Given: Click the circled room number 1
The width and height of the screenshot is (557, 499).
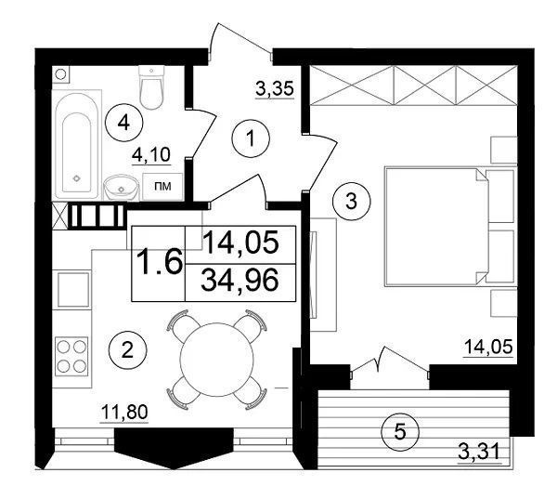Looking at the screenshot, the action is click(x=251, y=138).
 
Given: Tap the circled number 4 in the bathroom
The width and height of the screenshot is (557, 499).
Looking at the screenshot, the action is click(x=123, y=123).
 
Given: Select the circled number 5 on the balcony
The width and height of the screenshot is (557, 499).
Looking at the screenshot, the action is click(x=400, y=432).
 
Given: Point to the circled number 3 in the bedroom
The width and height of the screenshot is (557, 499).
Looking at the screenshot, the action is click(x=351, y=202).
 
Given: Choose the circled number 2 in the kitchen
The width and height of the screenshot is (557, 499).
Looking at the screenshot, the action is click(x=127, y=350).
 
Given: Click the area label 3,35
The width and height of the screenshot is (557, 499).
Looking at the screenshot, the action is click(x=275, y=89).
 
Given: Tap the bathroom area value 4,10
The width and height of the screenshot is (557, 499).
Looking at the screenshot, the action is click(x=151, y=155).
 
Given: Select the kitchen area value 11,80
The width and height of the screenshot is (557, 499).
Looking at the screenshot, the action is click(x=124, y=414).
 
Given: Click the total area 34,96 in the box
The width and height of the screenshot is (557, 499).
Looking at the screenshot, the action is click(x=240, y=281).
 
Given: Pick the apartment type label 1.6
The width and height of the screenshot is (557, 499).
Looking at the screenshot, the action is click(x=159, y=262).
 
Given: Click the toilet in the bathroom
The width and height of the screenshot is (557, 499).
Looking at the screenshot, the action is click(x=151, y=87).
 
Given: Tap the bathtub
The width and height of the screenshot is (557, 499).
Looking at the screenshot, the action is click(x=77, y=144).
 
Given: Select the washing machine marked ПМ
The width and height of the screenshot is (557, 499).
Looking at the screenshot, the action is click(x=162, y=187).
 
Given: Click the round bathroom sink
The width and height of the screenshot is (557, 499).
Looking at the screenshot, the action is click(x=122, y=188).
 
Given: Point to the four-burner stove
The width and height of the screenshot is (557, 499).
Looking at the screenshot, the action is click(x=71, y=357).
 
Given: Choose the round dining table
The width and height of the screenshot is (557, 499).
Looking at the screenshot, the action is click(x=217, y=360).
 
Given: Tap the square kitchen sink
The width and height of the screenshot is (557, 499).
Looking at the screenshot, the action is click(x=72, y=290).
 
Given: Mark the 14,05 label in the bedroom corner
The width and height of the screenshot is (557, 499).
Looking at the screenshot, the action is click(x=489, y=348).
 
